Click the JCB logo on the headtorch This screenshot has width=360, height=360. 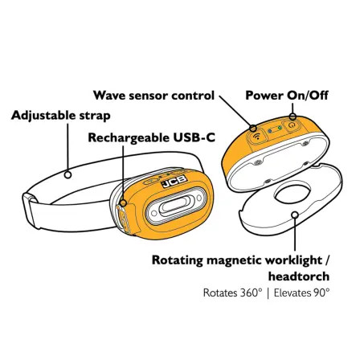point(174,182)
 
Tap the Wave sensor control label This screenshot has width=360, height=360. point(153,96)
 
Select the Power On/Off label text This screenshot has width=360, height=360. point(287,96)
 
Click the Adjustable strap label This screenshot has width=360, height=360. point(61,116)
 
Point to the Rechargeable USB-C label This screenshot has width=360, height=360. point(152,137)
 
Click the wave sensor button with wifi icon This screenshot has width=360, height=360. point(257,137)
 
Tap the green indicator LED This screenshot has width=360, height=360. point(280,128)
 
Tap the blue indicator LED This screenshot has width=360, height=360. point(270,131)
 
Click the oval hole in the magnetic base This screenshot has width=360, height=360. point(293,193)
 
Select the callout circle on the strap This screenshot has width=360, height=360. point(68,175)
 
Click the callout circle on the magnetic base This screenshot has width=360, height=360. point(295,215)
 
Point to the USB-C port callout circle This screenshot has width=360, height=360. point(123,202)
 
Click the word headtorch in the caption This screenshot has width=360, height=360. point(299,276)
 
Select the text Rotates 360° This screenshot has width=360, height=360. point(232,292)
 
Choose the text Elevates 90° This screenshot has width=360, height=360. point(301,292)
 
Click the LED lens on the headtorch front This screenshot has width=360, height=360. point(177,206)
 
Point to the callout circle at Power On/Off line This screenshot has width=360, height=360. point(292,117)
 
